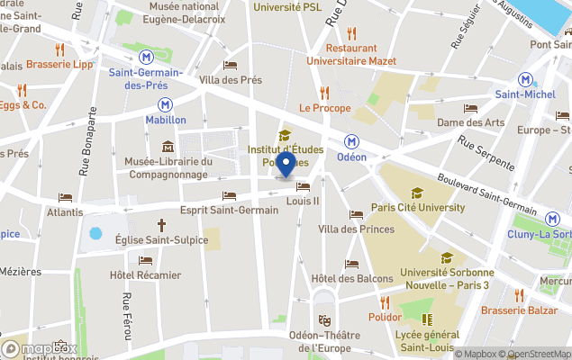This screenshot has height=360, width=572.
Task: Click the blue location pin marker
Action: pyautogui.click(x=286, y=165)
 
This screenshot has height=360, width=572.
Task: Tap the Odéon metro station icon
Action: pyautogui.click(x=352, y=141)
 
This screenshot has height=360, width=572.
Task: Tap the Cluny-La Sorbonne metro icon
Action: pyautogui.click(x=552, y=219)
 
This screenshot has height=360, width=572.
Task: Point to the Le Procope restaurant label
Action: pyautogui.click(x=325, y=108)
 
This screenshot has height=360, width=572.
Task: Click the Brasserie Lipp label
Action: pyautogui.click(x=59, y=64)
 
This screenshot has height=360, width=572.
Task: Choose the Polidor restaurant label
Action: pyautogui.click(x=385, y=317)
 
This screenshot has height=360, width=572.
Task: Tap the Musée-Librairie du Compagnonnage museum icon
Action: pyautogui.click(x=168, y=147)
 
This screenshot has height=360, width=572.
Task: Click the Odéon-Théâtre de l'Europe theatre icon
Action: pyautogui.click(x=324, y=319)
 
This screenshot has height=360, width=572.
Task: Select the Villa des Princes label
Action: pyautogui.click(x=356, y=229)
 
